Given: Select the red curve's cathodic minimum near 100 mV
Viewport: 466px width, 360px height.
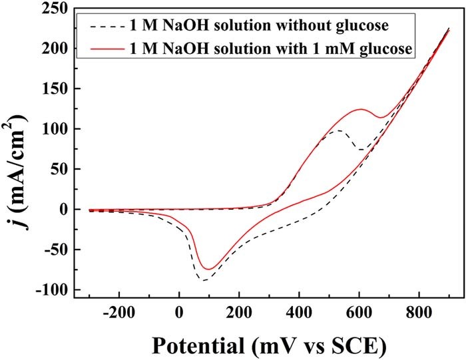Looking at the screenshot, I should (209, 270).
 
